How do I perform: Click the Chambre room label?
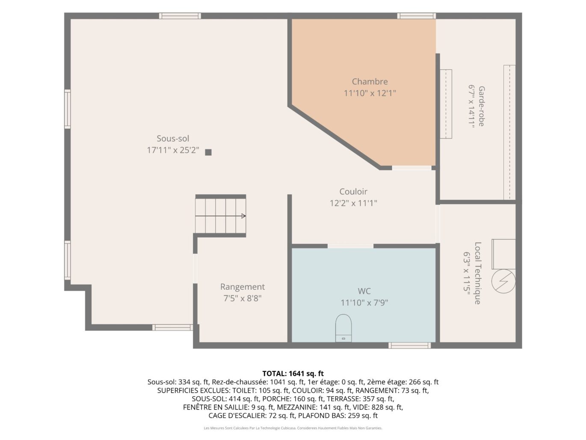tap(370, 81)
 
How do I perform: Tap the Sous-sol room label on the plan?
tap(173, 138)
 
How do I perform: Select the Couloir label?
tap(353, 191)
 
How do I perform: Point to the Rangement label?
tap(243, 287)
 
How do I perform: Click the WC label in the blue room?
tap(364, 291)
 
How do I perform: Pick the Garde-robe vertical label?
tap(481, 106)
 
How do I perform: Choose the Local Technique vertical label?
tap(478, 273)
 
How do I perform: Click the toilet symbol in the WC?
tap(343, 328)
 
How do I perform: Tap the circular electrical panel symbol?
tap(503, 281)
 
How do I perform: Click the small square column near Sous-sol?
tap(208, 152)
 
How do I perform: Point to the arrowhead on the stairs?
tap(243, 216)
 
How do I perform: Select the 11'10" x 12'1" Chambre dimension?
tap(370, 93)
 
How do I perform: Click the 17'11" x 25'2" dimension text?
tap(173, 150)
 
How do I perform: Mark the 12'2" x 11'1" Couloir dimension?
tap(353, 203)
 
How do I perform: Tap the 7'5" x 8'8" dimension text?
tap(243, 298)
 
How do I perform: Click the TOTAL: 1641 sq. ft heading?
tap(293, 374)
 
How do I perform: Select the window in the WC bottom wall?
tap(409, 345)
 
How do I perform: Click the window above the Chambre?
tap(417, 16)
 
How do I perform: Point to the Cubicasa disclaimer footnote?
tap(293, 428)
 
